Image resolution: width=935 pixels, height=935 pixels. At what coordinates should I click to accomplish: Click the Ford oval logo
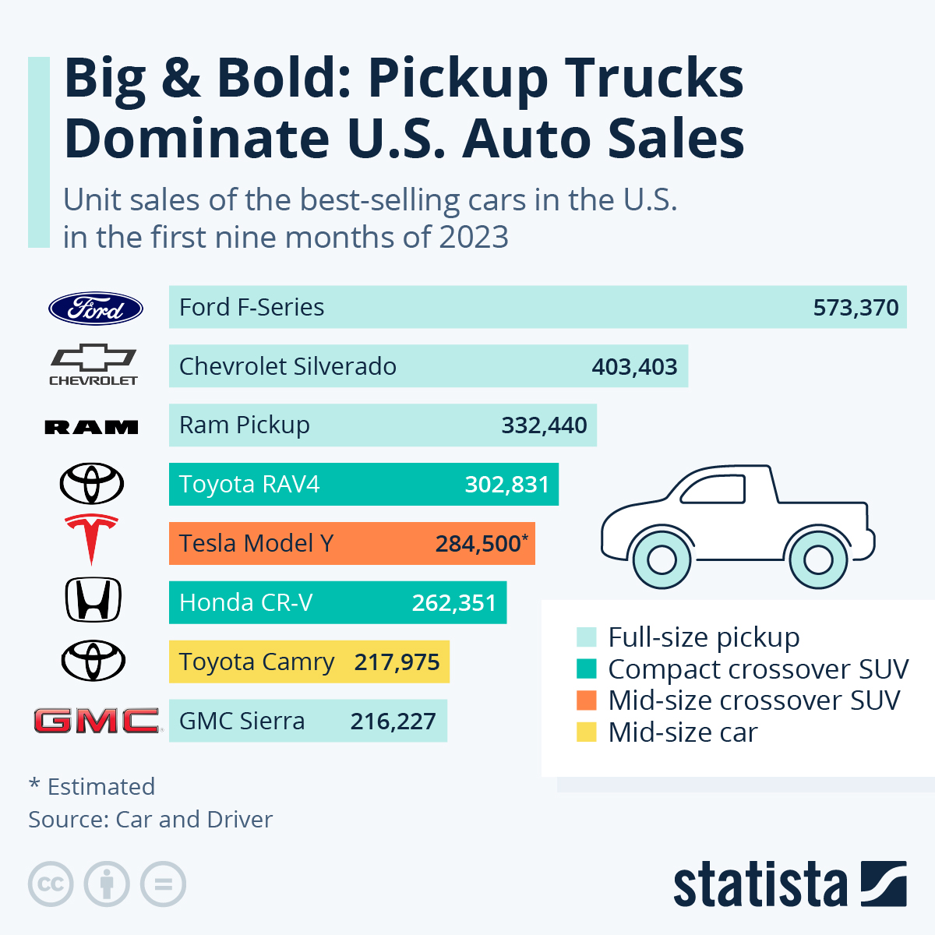click(x=96, y=309)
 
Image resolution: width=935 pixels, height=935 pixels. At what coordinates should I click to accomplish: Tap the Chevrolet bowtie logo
click(x=93, y=365)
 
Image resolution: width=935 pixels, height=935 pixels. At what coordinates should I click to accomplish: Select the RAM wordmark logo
click(x=92, y=427)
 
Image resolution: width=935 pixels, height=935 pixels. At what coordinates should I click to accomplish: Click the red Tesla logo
click(x=91, y=538)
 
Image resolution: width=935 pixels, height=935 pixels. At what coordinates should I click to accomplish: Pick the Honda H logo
click(x=93, y=600)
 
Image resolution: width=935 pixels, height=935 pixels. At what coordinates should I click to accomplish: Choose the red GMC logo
click(x=96, y=721)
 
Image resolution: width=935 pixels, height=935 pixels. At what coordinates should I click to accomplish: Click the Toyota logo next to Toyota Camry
click(x=93, y=661)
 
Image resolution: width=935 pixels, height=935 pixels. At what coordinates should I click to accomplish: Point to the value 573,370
click(x=856, y=308)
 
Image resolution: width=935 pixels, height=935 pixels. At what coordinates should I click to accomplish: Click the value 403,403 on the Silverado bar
click(x=634, y=367)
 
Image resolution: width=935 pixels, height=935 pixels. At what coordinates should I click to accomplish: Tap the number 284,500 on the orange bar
click(x=478, y=544)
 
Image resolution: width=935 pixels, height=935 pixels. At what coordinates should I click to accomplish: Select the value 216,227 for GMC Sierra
click(x=393, y=722)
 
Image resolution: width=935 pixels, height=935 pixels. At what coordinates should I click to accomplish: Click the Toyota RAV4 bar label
click(x=249, y=485)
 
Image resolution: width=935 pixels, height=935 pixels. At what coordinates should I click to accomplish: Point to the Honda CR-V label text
click(x=245, y=603)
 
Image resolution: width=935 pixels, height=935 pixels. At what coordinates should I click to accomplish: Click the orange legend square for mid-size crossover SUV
click(x=586, y=700)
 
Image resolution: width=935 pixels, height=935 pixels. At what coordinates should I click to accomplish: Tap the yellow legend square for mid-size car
click(x=586, y=732)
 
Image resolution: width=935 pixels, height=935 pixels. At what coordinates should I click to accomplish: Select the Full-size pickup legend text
click(x=704, y=637)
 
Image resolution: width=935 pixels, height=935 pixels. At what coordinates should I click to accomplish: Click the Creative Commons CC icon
click(x=51, y=884)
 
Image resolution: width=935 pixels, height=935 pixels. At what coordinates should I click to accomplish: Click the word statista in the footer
click(x=760, y=885)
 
